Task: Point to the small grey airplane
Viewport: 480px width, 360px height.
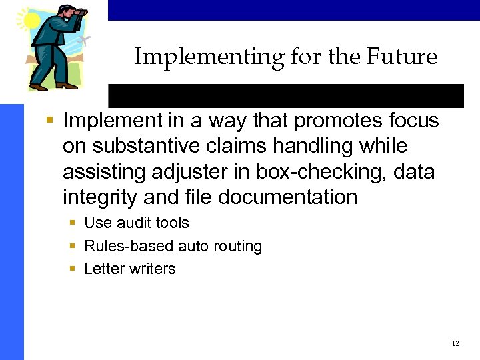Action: tap(83, 41)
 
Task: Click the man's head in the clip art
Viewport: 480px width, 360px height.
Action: tap(66, 14)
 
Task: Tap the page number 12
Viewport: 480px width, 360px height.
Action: tap(455, 344)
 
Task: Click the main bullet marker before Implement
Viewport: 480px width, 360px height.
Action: tap(49, 121)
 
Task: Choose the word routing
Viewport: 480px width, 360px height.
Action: tap(237, 247)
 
